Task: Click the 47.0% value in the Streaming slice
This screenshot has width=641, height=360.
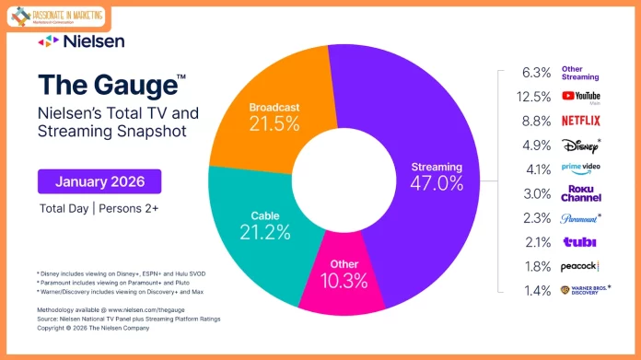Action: coord(431,183)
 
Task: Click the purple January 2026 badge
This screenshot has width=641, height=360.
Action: coord(99,180)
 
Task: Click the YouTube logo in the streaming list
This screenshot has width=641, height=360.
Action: coord(580,96)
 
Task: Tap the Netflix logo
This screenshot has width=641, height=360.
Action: coord(580,120)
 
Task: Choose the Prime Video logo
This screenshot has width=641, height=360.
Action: coord(580,169)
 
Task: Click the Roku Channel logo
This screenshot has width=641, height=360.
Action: coord(580,193)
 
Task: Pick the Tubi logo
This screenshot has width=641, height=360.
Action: coord(580,241)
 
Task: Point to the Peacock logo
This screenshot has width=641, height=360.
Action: coord(580,266)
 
